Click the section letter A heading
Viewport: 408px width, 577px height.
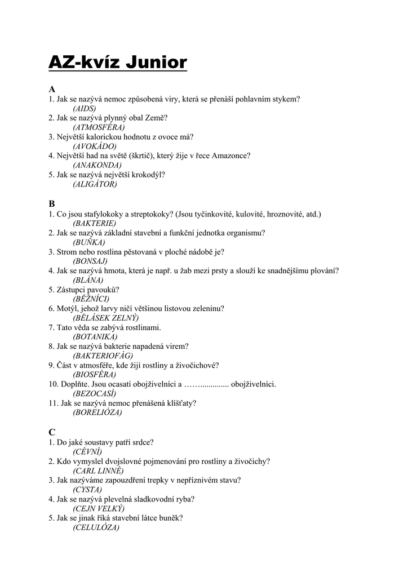(x=52, y=89)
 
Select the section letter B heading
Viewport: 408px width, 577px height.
(x=52, y=204)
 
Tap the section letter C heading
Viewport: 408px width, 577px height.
(x=52, y=432)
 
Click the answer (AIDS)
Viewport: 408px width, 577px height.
(x=85, y=108)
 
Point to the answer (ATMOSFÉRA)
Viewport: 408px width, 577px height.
(x=99, y=127)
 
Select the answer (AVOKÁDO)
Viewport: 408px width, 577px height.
(x=95, y=147)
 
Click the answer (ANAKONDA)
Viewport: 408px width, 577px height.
(x=97, y=165)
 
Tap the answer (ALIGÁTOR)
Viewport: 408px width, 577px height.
(x=95, y=184)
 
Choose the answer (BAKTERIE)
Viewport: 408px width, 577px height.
(x=95, y=223)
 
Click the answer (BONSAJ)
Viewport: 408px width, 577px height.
(x=90, y=261)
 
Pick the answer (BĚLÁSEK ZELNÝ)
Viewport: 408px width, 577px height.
(x=106, y=318)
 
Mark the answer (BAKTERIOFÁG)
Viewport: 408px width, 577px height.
(x=103, y=356)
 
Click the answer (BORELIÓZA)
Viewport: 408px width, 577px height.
(x=97, y=412)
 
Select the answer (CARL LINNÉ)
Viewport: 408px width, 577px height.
(x=98, y=471)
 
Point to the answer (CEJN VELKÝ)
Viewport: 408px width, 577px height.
(x=99, y=508)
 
